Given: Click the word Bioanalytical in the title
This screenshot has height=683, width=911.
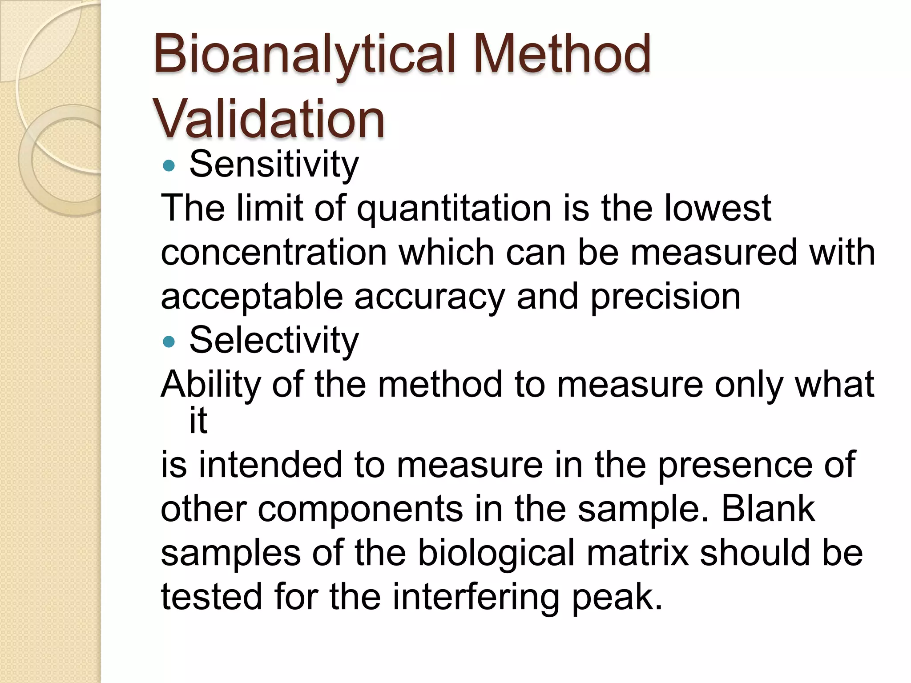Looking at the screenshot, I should coord(305,56).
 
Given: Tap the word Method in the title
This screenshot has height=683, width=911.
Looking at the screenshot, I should coord(562,56).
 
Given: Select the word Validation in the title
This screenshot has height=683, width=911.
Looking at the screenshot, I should coord(268,119).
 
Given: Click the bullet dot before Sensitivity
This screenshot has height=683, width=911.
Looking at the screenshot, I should coord(169,166).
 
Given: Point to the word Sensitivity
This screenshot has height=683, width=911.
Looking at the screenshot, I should coord(274,165).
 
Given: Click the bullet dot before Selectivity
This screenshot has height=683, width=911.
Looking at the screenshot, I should coord(169,341).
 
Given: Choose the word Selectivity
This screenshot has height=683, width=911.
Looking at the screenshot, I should coord(274,340).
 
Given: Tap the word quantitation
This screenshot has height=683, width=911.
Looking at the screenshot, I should coord(454,209).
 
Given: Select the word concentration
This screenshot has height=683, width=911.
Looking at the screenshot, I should coord(274,253).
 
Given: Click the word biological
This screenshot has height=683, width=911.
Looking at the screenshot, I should coord(496,554).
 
